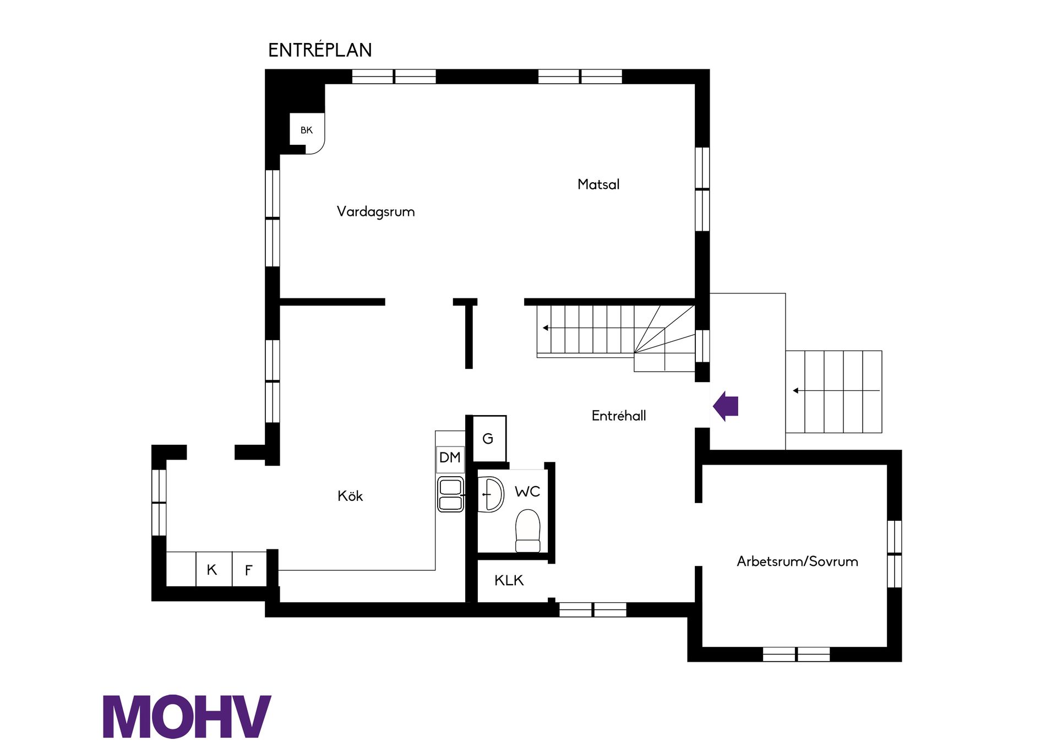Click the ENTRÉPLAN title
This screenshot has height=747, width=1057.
(320, 50)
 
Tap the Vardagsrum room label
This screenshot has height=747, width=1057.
(375, 211)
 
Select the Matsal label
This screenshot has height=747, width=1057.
(598, 184)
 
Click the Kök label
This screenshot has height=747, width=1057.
(350, 495)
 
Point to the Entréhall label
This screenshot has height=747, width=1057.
(619, 416)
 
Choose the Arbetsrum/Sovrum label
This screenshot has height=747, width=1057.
(797, 561)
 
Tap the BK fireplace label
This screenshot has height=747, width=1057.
(307, 130)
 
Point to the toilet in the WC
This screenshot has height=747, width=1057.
(528, 531)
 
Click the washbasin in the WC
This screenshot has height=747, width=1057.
(490, 494)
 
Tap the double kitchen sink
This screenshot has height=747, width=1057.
(450, 494)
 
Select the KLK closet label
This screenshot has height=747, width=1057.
(509, 580)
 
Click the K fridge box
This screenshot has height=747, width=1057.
(214, 569)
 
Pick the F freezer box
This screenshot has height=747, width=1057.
(249, 569)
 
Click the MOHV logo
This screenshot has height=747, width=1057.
(187, 716)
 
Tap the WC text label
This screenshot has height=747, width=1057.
(527, 492)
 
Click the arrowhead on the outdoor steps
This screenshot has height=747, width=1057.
(796, 391)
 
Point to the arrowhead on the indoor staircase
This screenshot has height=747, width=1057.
(546, 328)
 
